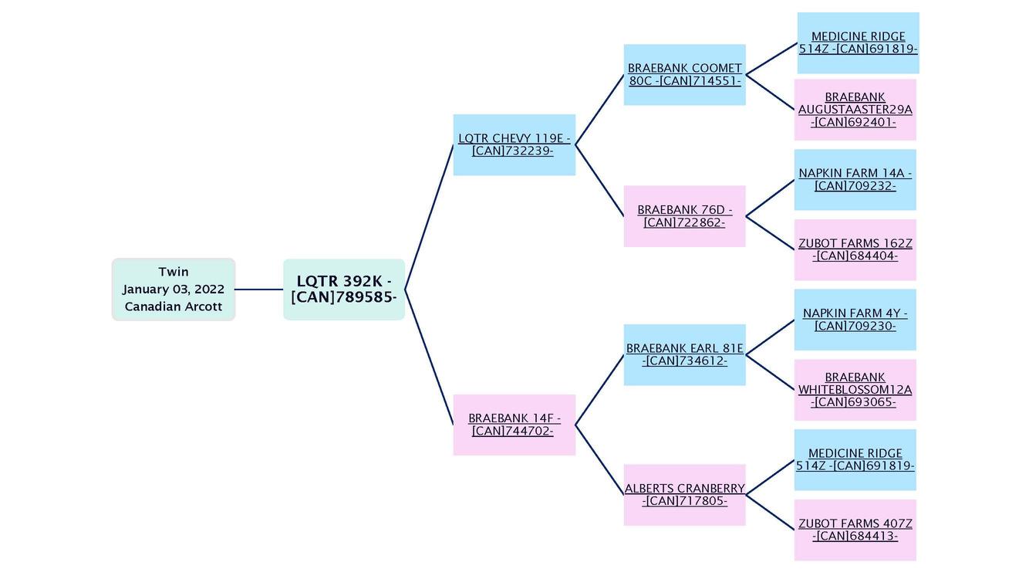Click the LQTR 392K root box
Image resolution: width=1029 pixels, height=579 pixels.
click(344, 289)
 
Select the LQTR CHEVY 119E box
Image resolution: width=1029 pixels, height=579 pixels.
click(514, 145)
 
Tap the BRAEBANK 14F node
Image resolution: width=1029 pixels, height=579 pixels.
click(514, 425)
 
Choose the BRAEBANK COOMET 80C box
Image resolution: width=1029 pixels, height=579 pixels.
click(684, 75)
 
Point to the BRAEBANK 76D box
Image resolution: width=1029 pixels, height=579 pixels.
click(684, 216)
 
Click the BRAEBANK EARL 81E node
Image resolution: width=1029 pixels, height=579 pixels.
click(684, 355)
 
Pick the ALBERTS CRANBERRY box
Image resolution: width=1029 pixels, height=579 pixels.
click(684, 495)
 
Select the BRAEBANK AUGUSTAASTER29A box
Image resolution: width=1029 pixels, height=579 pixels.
click(855, 110)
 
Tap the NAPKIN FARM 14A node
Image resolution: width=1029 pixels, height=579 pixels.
click(855, 180)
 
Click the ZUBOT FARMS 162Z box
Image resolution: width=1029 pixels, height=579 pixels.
click(855, 250)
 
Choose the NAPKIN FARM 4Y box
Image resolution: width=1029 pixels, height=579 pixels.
click(855, 320)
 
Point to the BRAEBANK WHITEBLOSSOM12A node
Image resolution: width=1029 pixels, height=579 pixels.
click(855, 390)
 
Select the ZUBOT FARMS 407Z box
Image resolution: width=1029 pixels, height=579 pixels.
click(855, 530)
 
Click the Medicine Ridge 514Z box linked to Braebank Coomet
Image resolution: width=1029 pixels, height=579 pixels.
click(858, 43)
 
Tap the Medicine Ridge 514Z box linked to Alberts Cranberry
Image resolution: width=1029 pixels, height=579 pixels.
click(855, 460)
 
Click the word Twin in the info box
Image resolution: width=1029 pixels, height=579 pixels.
click(174, 272)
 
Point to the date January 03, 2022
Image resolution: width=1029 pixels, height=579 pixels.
click(174, 289)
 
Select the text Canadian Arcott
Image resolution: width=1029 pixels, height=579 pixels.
click(174, 306)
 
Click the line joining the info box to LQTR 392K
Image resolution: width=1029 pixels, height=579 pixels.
click(259, 289)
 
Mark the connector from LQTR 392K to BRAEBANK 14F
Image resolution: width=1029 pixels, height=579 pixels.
click(429, 357)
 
